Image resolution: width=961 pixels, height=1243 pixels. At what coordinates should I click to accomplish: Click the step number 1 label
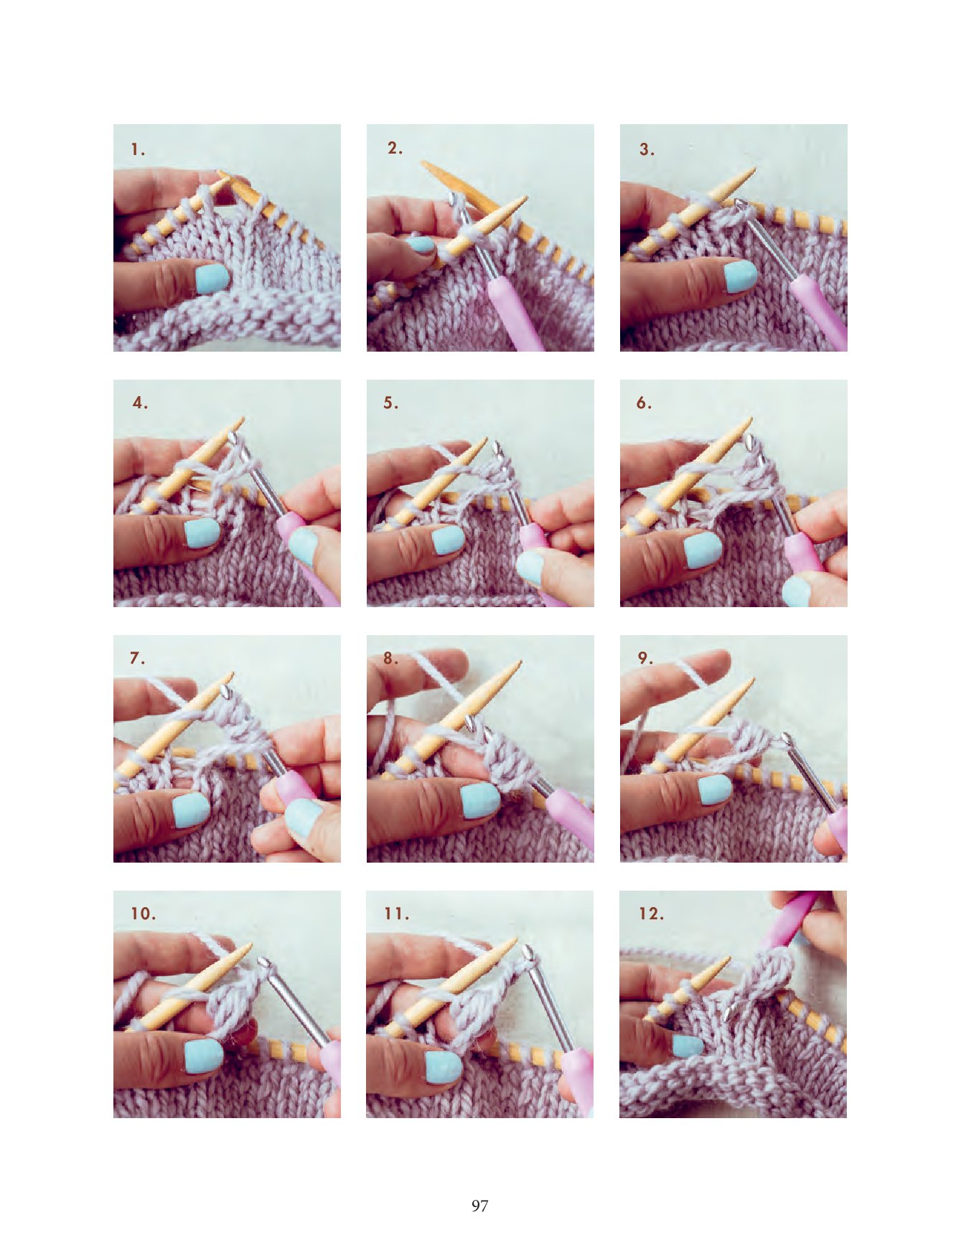click(138, 150)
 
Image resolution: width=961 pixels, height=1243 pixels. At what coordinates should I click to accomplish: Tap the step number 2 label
click(395, 148)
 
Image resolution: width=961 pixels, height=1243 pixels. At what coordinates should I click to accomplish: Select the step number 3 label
click(647, 149)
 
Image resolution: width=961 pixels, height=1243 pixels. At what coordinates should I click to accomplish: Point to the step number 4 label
click(140, 403)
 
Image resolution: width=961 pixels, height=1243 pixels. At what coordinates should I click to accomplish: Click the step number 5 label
click(390, 403)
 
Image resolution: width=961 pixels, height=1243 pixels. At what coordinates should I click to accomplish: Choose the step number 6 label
click(644, 403)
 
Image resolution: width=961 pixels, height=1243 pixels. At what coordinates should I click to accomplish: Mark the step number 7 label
click(137, 657)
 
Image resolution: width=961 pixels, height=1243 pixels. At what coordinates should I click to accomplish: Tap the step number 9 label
click(645, 657)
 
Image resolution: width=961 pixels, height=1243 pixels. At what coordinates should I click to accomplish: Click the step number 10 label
click(143, 914)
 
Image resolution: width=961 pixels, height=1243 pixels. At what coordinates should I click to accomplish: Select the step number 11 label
click(396, 914)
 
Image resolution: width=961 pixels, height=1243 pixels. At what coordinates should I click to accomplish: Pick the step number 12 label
click(651, 914)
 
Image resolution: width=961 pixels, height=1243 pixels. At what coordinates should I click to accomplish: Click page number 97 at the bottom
click(480, 1206)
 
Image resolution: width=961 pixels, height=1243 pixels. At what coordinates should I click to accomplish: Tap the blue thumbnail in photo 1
click(212, 278)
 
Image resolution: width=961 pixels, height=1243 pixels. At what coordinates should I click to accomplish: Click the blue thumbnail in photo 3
click(740, 276)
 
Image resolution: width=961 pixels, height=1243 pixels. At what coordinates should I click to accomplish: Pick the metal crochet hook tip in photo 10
click(263, 961)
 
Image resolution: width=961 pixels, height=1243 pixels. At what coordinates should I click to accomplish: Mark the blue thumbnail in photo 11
click(444, 1067)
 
